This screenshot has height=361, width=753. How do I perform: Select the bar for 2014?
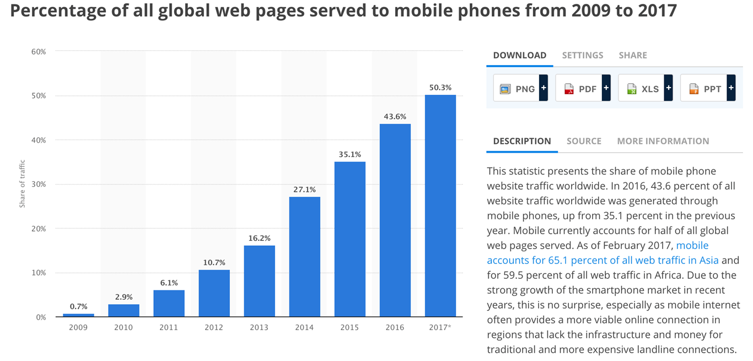tap(304, 257)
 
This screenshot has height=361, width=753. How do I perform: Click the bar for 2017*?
tap(440, 206)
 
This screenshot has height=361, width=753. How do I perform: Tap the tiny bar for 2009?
tap(78, 315)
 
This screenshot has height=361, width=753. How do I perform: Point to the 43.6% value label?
tap(395, 117)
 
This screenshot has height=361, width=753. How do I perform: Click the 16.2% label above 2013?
tap(259, 239)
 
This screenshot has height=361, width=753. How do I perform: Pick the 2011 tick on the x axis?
tap(169, 327)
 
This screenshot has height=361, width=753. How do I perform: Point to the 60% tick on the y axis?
tap(38, 52)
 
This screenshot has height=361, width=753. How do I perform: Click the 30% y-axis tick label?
tap(38, 185)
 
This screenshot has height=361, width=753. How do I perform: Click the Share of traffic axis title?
tap(23, 184)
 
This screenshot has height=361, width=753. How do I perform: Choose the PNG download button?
tap(520, 89)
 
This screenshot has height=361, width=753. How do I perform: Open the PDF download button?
tap(582, 89)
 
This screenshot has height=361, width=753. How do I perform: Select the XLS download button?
tap(645, 89)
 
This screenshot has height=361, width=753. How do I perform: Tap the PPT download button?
tap(707, 89)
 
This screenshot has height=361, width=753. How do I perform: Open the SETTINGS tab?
tap(583, 55)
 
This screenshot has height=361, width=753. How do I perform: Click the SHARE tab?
tap(633, 55)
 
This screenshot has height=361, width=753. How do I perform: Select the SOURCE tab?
tap(584, 141)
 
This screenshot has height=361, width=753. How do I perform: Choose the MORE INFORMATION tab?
tap(663, 141)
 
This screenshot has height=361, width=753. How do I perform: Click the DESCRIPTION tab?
tap(522, 141)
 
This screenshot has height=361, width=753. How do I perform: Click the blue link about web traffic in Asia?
tap(603, 260)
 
